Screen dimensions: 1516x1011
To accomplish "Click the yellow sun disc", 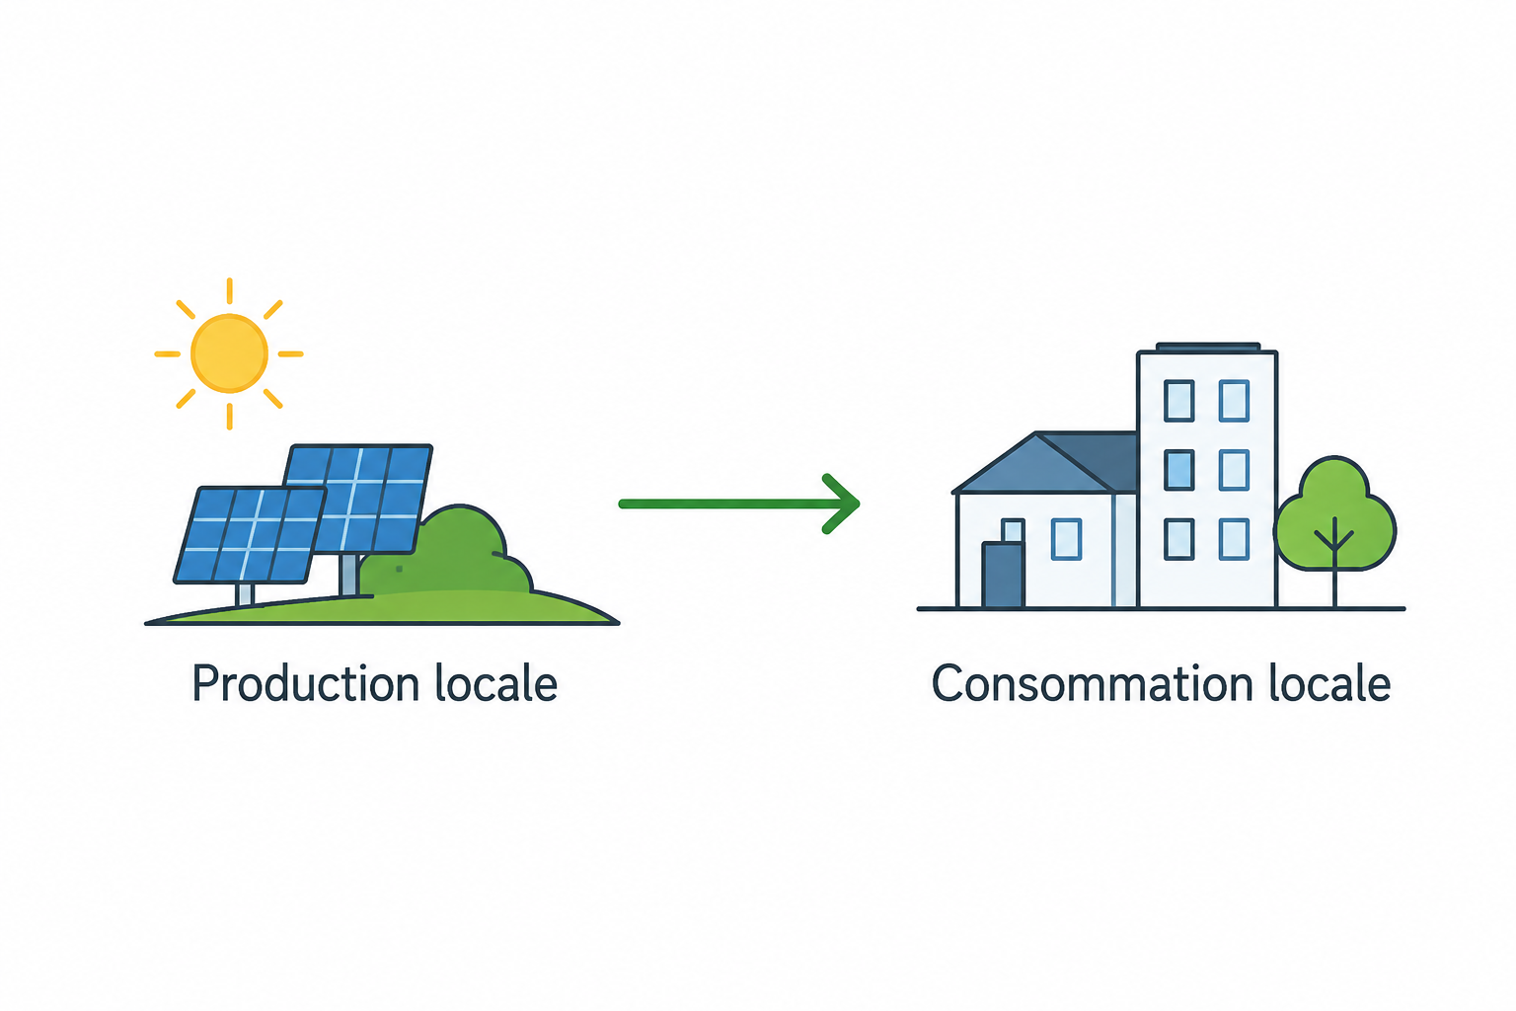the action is (229, 353).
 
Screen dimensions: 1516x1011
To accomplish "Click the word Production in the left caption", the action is (306, 683).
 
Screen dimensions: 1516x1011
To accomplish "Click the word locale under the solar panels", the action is (496, 683).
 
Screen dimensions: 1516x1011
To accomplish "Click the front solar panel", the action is (250, 535).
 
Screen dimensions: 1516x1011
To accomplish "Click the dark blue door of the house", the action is (1003, 575).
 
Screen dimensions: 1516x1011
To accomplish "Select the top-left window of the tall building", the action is (1179, 401).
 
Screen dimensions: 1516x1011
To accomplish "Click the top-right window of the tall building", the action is (1234, 401).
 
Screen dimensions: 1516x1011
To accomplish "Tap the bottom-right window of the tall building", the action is (1234, 539).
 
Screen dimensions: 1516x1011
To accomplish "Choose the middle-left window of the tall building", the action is (1179, 470).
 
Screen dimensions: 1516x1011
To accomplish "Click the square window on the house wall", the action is (1066, 539).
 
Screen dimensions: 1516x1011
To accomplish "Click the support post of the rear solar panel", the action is (348, 575).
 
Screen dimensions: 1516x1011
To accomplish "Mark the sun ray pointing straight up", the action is (229, 290).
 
